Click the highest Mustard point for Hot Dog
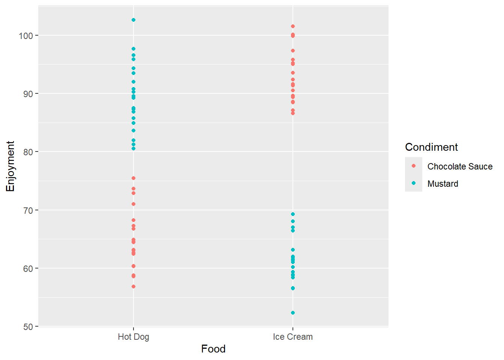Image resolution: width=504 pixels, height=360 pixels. (133, 20)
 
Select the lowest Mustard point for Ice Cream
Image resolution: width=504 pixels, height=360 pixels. (293, 313)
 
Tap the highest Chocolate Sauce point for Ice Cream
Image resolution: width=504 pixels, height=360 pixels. (293, 26)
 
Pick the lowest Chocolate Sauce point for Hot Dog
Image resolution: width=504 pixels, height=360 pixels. (133, 286)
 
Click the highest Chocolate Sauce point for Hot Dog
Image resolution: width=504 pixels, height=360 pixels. (133, 178)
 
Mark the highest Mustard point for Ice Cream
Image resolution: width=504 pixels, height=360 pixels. (293, 214)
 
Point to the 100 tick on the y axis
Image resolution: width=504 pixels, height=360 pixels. (37, 36)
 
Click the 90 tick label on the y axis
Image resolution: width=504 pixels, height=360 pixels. (28, 94)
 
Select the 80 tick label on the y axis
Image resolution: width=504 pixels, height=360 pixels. (28, 152)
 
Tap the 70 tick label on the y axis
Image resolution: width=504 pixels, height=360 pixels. (28, 210)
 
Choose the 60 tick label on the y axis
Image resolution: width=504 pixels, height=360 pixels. (28, 268)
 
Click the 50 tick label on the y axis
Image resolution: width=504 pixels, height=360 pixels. (28, 327)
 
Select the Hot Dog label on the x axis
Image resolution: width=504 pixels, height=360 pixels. (133, 337)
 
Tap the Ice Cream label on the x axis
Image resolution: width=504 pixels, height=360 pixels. (293, 337)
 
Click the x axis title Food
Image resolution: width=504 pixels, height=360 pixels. (213, 349)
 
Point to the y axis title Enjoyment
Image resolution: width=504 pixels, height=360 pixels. (10, 166)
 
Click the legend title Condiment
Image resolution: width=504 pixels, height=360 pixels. (431, 147)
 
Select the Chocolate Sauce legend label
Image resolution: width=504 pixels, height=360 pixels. (460, 166)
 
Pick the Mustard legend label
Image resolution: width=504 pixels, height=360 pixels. (442, 184)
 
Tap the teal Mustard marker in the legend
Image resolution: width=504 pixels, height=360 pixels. (414, 183)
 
